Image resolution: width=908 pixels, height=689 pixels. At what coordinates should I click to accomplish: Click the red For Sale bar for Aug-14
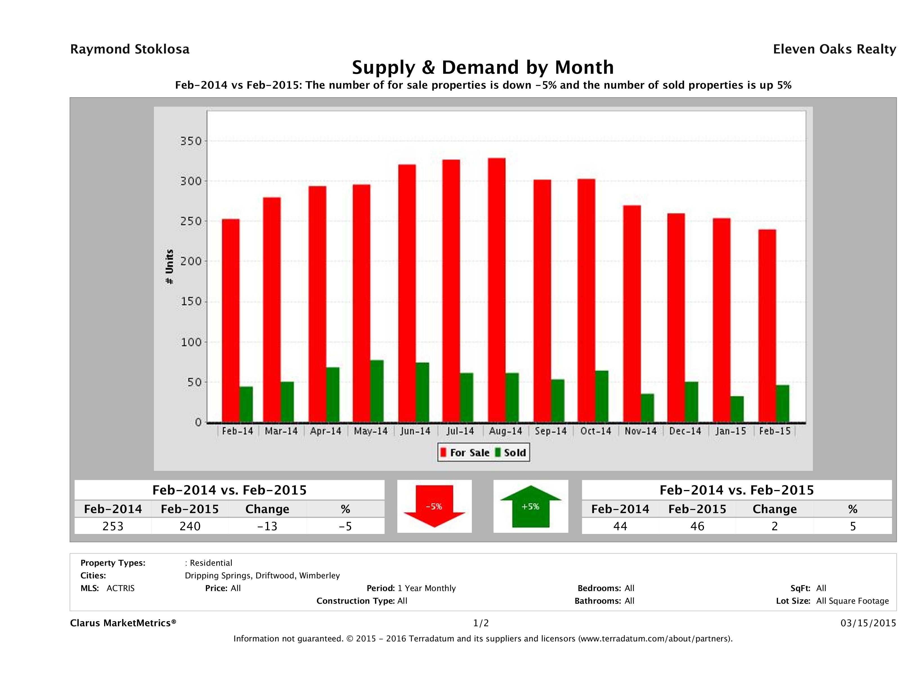(497, 290)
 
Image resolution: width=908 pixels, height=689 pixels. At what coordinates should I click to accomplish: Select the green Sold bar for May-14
(377, 391)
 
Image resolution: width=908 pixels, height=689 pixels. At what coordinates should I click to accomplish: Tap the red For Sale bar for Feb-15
(767, 326)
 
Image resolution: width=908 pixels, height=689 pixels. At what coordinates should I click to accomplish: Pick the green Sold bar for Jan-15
(737, 409)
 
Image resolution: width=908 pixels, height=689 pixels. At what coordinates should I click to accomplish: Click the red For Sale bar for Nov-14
(632, 314)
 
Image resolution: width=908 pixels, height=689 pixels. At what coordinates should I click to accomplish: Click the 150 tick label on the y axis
(191, 302)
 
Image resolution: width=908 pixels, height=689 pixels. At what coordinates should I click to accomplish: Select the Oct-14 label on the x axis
(596, 431)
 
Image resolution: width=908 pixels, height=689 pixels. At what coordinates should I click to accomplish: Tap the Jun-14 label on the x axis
(415, 431)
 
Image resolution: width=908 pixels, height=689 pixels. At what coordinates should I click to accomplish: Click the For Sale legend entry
(465, 453)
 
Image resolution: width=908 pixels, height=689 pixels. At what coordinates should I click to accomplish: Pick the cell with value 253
(113, 526)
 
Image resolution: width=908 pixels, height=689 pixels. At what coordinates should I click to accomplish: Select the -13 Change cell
(267, 526)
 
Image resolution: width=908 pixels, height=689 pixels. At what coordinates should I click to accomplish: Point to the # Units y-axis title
(169, 267)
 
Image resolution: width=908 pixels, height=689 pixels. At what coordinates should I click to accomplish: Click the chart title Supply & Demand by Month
(483, 67)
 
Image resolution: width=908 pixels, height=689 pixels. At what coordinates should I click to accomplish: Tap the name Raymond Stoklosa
(130, 49)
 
